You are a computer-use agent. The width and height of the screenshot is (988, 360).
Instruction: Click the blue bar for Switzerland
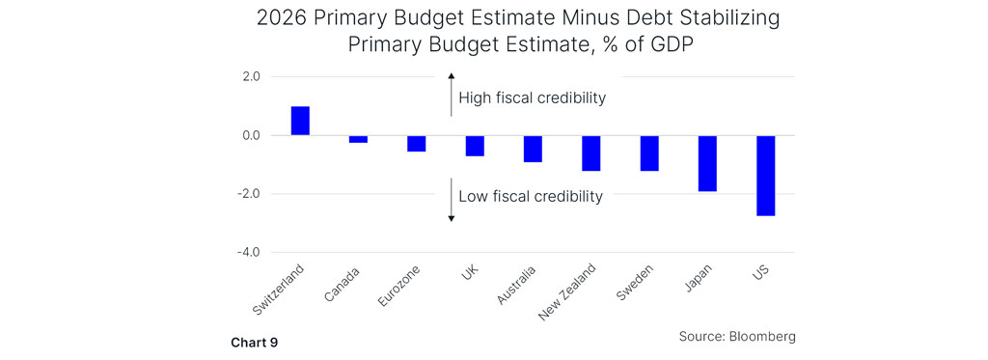coord(300,121)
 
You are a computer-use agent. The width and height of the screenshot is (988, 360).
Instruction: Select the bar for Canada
coord(358,139)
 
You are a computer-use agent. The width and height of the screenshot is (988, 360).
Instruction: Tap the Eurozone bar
coord(416,144)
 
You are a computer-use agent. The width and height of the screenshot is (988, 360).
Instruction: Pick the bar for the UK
coord(474,146)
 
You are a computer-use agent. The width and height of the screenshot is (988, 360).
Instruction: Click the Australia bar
coord(533,149)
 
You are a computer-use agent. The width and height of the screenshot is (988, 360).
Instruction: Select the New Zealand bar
coord(590,153)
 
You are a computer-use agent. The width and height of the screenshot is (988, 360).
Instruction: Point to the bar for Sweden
coord(648,153)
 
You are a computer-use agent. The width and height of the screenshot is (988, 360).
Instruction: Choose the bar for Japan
coord(707,163)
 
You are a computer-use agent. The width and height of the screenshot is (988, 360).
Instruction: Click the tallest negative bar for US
coord(765,176)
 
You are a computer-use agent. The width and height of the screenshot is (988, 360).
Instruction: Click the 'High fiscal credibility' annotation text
coord(532,97)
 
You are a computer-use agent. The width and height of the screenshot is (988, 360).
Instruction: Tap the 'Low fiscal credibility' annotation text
coord(530,196)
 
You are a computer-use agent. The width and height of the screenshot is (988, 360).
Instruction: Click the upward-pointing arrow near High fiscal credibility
coord(451,95)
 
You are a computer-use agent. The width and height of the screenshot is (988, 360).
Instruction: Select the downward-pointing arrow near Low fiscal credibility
coord(451,200)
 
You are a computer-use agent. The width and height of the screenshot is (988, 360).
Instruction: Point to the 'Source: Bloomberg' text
coord(738,336)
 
